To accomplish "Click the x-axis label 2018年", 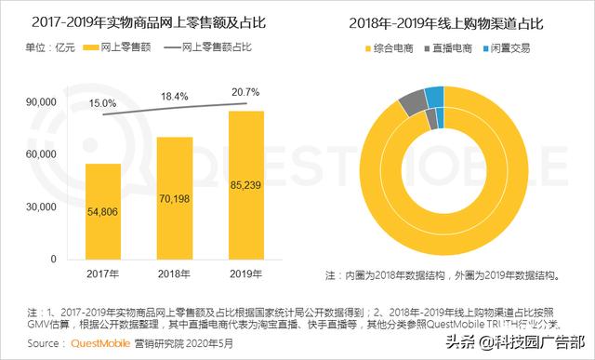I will (x=174, y=274).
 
